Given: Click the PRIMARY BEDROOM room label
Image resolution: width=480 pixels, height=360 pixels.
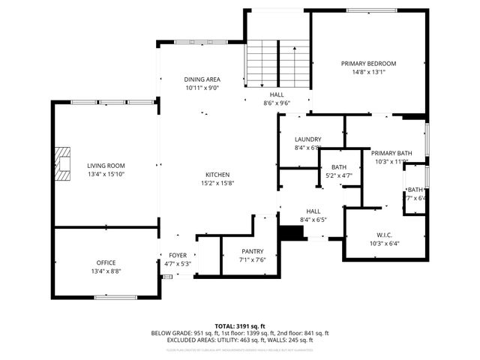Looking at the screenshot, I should [368, 64].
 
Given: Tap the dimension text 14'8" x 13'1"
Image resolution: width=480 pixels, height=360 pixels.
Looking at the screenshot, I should [368, 73].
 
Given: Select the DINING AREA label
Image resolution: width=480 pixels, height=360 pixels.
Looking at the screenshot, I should [202, 79].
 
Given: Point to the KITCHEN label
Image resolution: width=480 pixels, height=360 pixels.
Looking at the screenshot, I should [217, 174].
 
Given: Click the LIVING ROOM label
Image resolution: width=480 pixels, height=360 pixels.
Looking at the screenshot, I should [106, 166].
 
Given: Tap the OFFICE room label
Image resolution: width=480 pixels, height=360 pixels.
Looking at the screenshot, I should [106, 262].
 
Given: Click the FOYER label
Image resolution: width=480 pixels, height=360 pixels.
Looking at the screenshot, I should [178, 255].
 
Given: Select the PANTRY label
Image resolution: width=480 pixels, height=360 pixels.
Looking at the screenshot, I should [251, 251].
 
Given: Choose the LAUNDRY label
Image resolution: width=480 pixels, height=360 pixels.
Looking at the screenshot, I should [307, 139].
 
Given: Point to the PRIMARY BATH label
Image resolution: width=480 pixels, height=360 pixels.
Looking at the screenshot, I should [391, 152].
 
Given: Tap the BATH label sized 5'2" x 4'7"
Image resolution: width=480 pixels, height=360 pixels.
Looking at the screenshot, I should [339, 167].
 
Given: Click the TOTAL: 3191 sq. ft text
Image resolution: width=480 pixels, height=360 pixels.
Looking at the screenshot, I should [239, 326].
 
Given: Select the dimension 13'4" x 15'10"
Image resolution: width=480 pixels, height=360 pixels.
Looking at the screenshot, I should [106, 175].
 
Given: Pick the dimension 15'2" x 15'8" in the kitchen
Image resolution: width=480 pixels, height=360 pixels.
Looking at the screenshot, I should [217, 183].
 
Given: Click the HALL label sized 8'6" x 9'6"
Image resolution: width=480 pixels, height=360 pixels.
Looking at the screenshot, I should [277, 95].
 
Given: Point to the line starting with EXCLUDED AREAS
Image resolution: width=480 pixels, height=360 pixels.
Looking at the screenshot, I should [239, 340].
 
